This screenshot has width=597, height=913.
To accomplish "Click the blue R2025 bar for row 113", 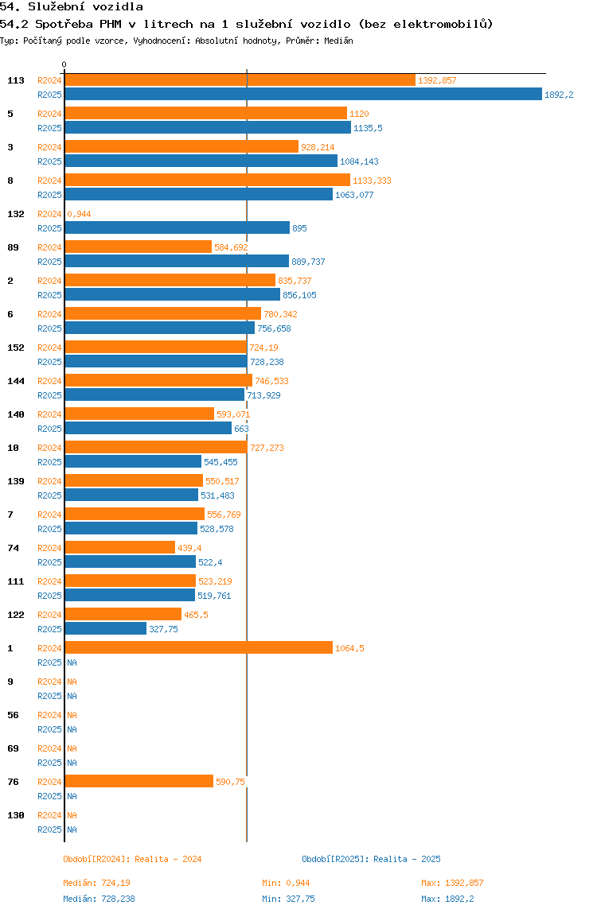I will [302, 95].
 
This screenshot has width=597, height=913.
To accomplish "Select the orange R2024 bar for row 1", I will [198, 648].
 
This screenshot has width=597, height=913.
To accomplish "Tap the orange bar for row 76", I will [139, 782].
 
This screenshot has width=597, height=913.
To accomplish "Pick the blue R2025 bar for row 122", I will [105, 629].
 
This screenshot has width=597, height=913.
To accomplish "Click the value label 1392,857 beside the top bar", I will [437, 80].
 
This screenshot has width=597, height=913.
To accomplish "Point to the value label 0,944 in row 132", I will [79, 214].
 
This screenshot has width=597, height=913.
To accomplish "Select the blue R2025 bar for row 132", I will [177, 228].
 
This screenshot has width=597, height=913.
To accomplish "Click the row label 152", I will [15, 348].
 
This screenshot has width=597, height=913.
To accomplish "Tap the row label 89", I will [13, 247].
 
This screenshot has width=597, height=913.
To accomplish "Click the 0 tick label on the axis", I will [64, 64].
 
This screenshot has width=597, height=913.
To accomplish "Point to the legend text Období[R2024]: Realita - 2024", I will [132, 859].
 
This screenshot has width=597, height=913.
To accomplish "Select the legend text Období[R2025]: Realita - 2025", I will [371, 859].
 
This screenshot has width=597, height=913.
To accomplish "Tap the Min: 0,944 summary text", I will [286, 883].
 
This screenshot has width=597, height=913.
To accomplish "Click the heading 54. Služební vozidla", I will [72, 7].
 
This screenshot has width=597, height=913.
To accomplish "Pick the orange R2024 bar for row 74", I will [119, 548].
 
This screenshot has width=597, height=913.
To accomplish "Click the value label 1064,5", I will [350, 648].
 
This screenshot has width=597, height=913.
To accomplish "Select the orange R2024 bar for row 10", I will [155, 448].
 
